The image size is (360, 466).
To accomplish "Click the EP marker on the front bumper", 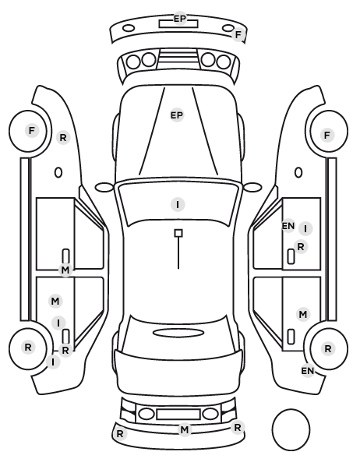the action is (179, 19).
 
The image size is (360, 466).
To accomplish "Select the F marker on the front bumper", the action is (238, 35).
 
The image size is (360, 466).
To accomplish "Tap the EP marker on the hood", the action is (177, 115).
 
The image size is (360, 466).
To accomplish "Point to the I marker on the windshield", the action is (178, 204).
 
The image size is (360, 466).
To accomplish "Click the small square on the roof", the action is (178, 233).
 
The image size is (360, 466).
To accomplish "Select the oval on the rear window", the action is (178, 333).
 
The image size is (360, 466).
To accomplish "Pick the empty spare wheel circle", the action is (291, 429).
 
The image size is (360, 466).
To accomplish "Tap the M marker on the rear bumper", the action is (185, 429).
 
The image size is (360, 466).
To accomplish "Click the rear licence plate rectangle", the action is (178, 414).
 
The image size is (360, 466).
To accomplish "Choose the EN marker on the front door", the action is (288, 226).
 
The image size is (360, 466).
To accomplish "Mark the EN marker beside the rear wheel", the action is (308, 371).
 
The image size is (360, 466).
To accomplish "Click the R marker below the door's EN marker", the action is (301, 247).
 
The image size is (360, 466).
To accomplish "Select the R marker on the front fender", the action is (63, 138).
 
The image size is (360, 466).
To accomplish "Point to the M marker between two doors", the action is (65, 270).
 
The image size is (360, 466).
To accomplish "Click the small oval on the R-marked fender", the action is (58, 172).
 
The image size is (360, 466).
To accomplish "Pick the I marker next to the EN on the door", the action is (305, 229).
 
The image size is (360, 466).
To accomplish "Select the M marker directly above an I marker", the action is (55, 302).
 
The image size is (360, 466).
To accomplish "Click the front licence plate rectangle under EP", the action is (178, 24).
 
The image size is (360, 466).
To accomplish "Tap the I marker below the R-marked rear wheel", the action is (53, 362).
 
